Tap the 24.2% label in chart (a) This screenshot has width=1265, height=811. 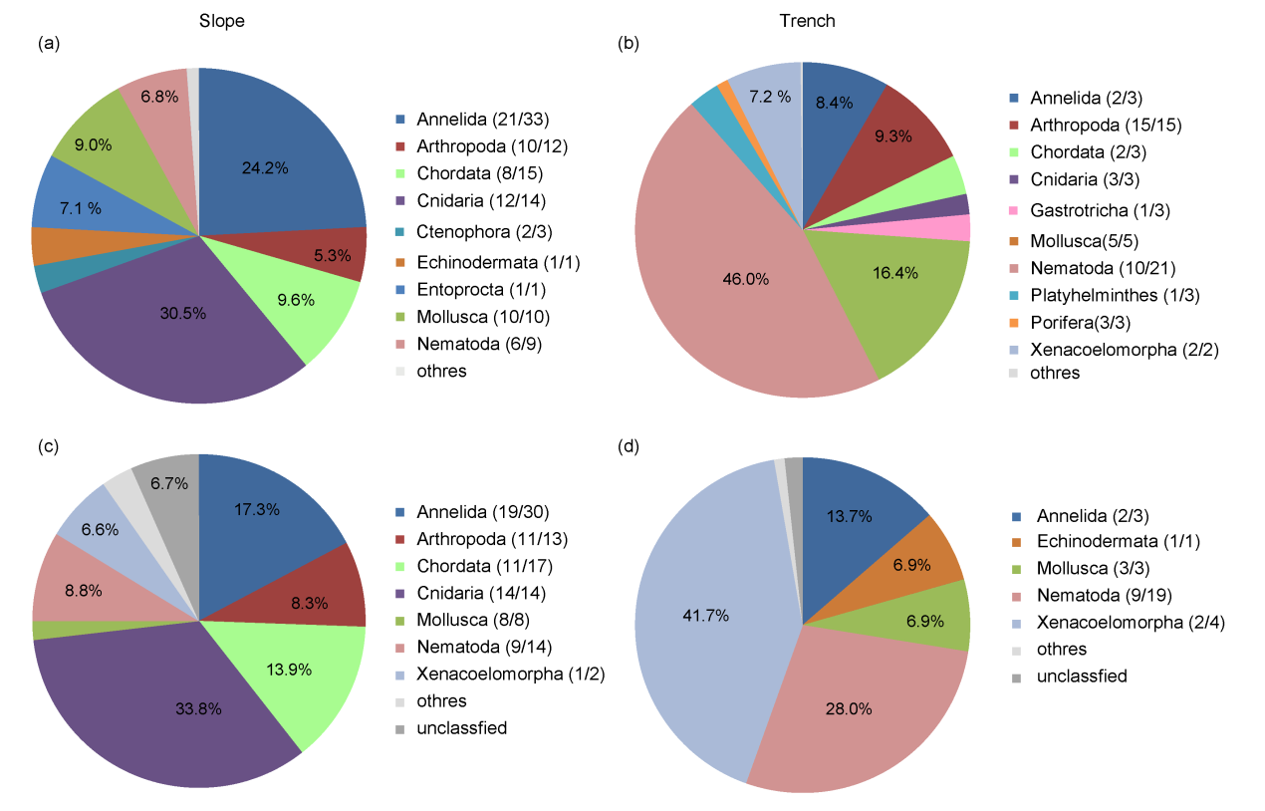click(x=265, y=168)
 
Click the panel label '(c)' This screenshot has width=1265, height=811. click(x=48, y=445)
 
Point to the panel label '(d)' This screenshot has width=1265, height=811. click(x=630, y=445)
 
